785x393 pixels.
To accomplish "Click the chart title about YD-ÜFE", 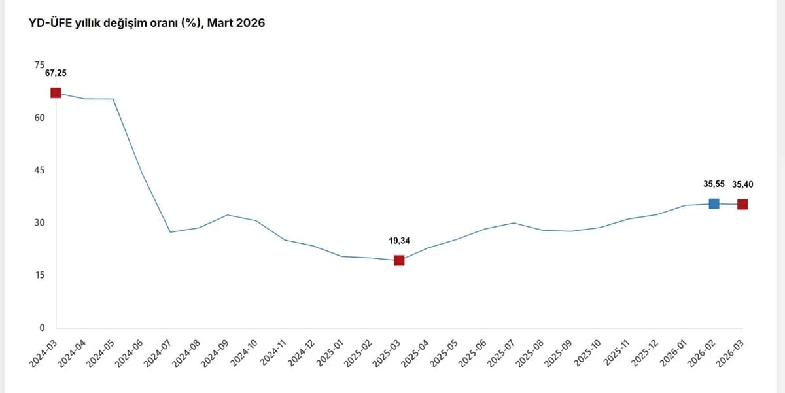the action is click(147, 23).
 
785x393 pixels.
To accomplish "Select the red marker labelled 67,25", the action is click(56, 93).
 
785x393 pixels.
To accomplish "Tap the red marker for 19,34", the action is click(399, 260).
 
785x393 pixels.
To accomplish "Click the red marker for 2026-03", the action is click(742, 204).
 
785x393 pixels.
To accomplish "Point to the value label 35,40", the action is click(742, 184).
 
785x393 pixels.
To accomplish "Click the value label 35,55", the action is click(714, 184).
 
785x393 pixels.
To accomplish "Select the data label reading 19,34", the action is click(399, 241).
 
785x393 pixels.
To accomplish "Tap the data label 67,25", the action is click(56, 73).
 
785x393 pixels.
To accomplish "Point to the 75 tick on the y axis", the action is click(40, 65).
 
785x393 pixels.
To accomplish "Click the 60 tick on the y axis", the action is click(40, 118).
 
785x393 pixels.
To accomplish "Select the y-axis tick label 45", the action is click(40, 170).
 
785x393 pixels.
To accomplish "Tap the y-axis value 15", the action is click(40, 275).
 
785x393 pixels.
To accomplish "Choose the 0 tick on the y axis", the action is click(42, 328).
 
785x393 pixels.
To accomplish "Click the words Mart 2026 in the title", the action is click(236, 23).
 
